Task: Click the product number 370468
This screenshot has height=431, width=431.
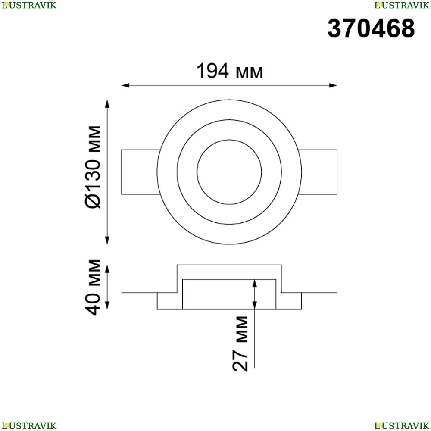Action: click(x=371, y=28)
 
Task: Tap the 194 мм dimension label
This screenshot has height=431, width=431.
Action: click(x=230, y=71)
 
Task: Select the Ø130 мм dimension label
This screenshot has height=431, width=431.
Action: click(x=93, y=167)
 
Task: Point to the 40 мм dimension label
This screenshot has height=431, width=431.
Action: click(x=93, y=287)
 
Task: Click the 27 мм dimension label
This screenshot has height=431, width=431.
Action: click(x=240, y=344)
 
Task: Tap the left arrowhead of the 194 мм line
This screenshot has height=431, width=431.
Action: click(x=125, y=85)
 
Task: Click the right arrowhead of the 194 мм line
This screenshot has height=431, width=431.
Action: click(x=333, y=85)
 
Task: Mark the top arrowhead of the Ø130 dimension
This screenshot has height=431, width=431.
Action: click(x=107, y=104)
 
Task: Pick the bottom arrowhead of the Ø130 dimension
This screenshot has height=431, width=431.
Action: click(x=107, y=240)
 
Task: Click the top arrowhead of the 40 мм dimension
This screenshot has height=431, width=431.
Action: click(x=107, y=269)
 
